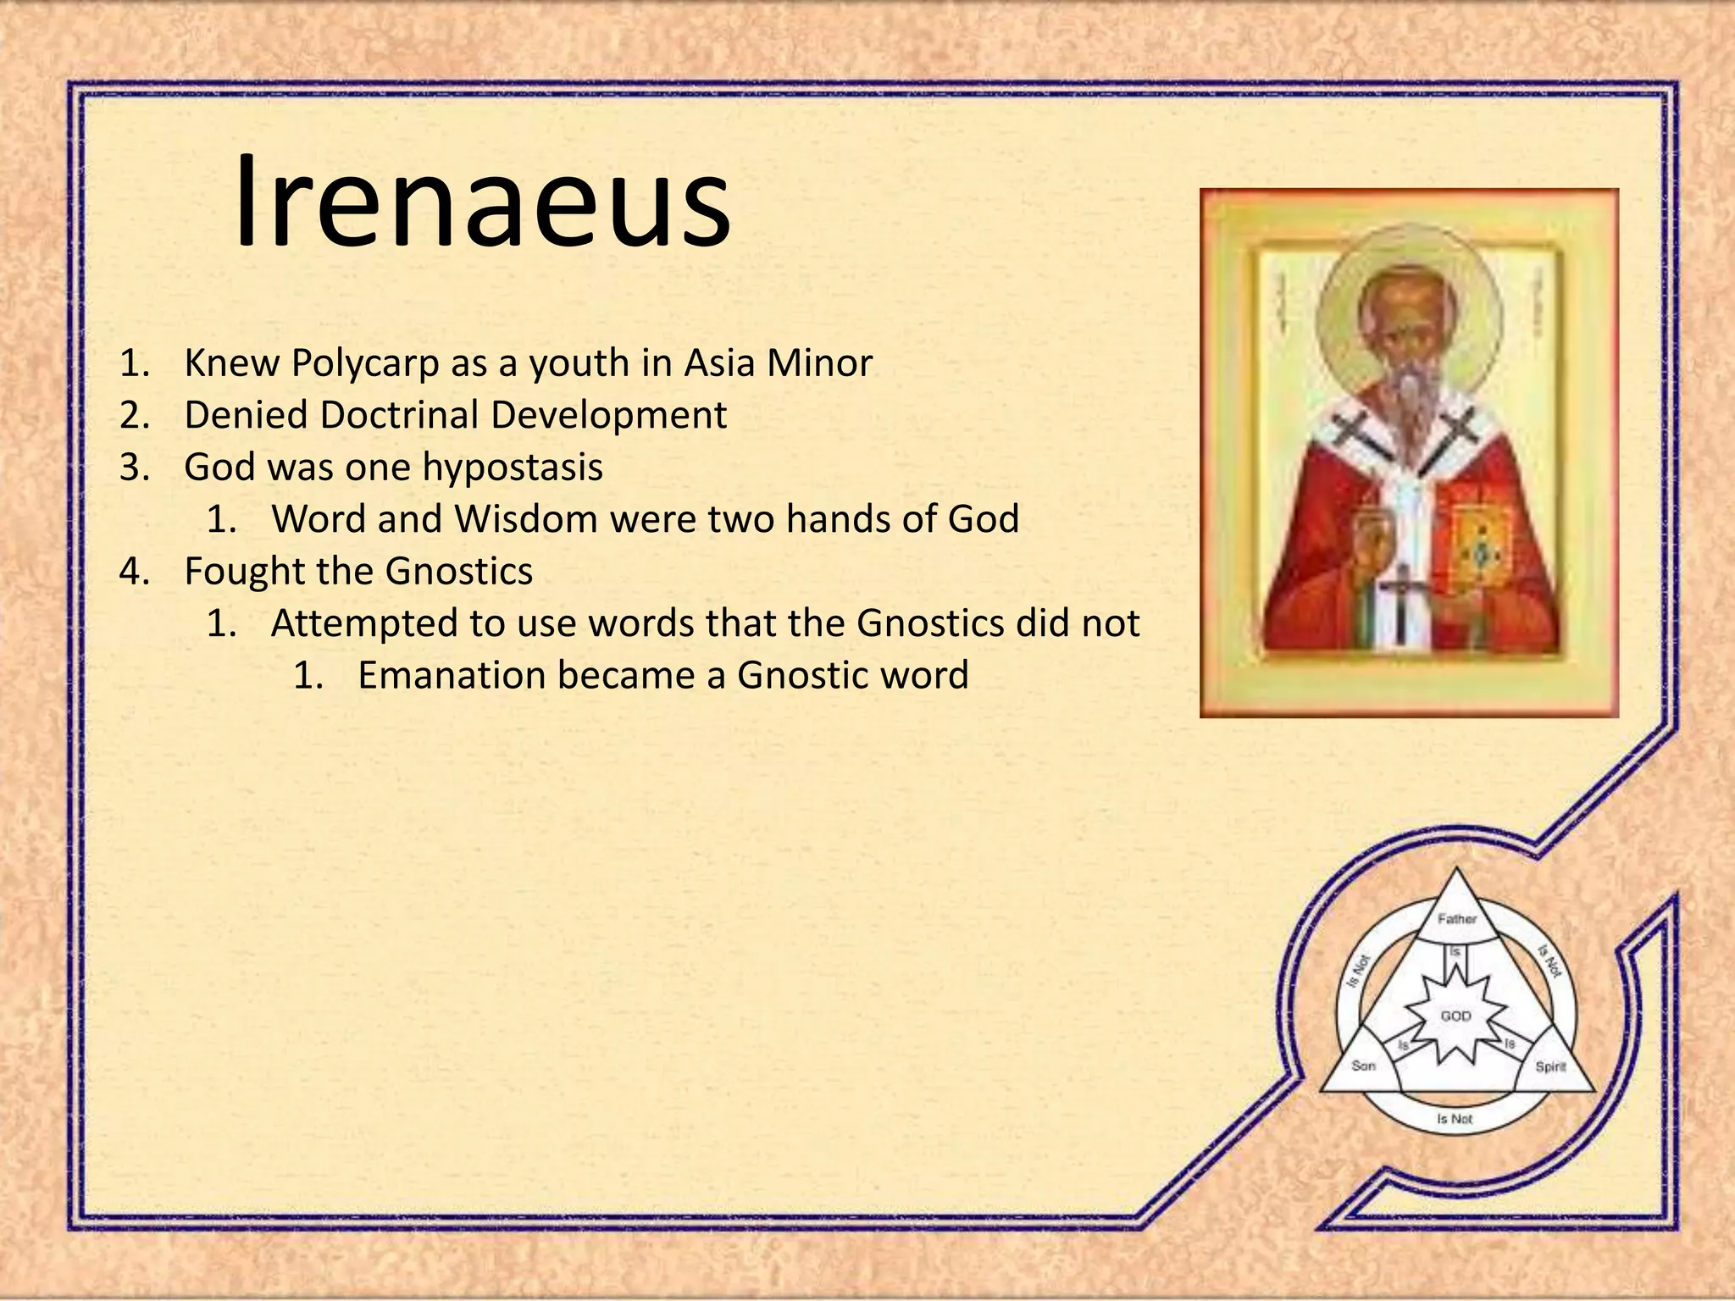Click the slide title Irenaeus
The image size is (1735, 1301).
[481, 203]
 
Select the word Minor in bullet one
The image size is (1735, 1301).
[819, 363]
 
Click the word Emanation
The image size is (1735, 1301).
[451, 676]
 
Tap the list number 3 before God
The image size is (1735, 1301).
[133, 468]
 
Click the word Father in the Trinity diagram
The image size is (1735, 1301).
[1456, 919]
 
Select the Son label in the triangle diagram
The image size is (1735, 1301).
[1363, 1066]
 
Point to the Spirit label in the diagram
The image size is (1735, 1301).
[1550, 1066]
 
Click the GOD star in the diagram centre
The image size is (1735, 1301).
[1455, 1016]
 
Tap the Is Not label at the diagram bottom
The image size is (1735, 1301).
[1455, 1119]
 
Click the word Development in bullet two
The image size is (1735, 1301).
[608, 415]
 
